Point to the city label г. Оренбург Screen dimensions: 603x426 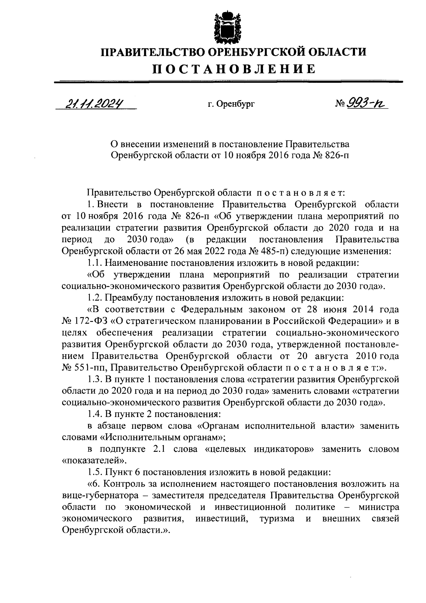coord(231,105)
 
